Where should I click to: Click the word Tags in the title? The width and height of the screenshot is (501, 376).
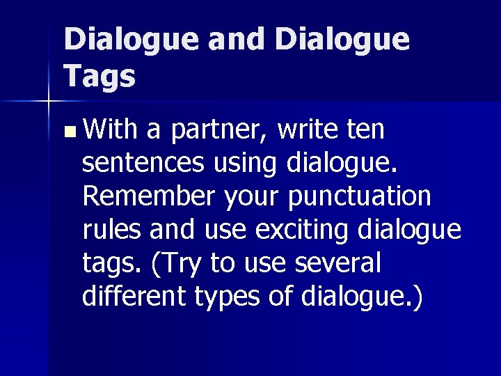click(99, 76)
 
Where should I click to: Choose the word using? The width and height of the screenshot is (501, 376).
click(245, 164)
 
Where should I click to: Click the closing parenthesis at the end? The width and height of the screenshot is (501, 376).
click(416, 297)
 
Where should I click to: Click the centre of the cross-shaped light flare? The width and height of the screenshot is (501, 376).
click(47, 102)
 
